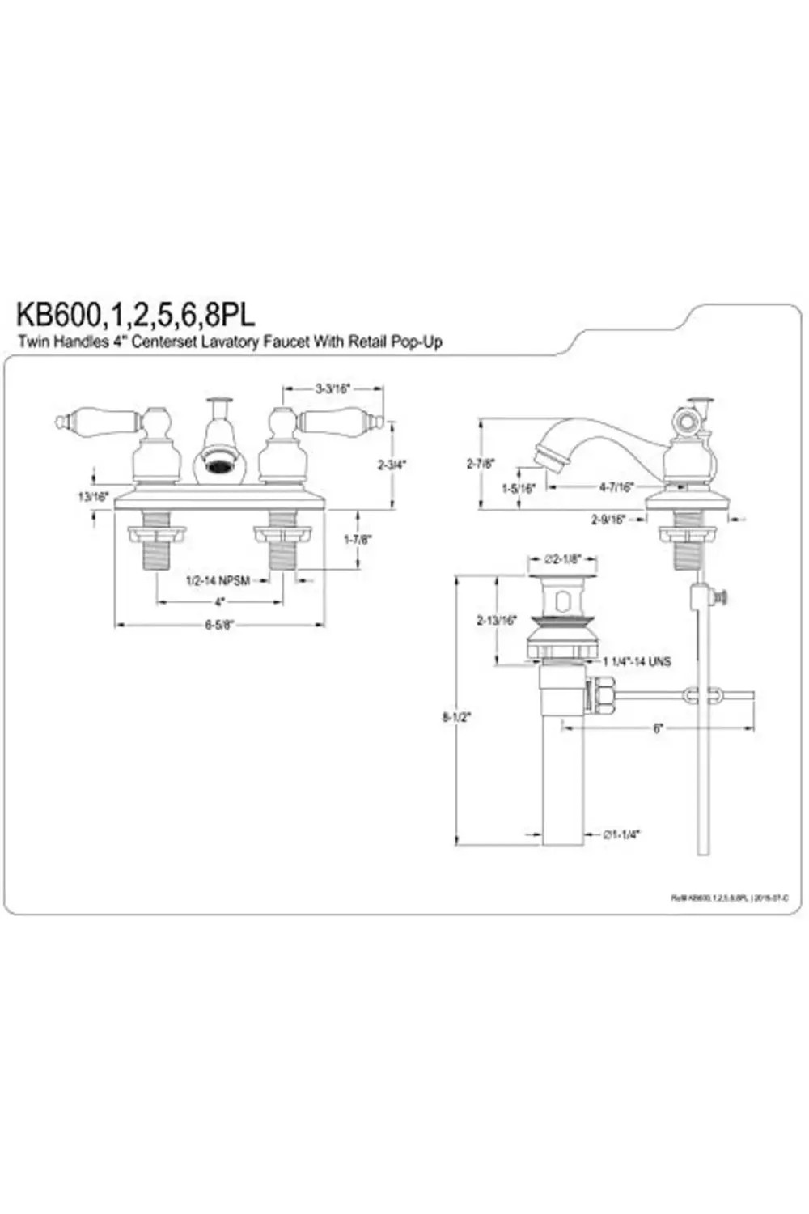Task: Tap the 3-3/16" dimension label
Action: pos(332,388)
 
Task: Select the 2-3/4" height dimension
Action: pos(392,465)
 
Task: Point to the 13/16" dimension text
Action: pos(93,497)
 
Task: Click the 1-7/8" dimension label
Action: pos(358,539)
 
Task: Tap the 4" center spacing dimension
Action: pos(219,602)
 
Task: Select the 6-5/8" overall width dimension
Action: pos(219,624)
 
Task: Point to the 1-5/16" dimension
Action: pos(519,488)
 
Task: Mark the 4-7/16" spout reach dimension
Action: pos(616,487)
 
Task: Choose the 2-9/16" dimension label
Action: pos(608,520)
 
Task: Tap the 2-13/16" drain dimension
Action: pos(496,621)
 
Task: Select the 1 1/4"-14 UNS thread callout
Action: pos(636,661)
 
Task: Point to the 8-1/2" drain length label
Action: pos(456,716)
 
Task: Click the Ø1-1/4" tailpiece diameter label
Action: pos(621,834)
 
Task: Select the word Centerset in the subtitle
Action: pos(172,342)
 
